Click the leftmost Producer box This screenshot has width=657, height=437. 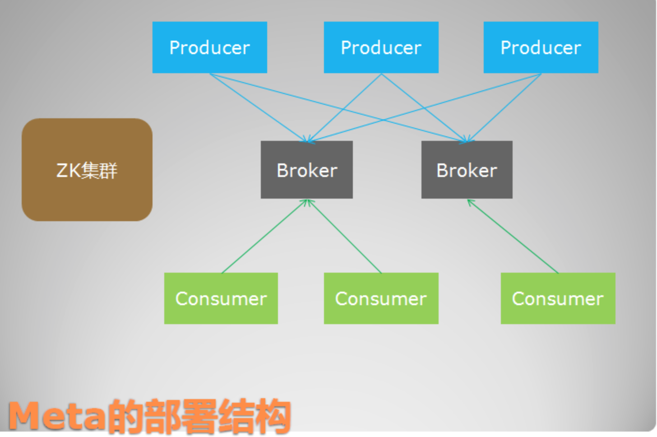(210, 47)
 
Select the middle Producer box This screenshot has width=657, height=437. (381, 47)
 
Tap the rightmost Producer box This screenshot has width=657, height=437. (541, 47)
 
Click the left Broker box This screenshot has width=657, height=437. (307, 170)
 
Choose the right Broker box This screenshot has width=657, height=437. (467, 170)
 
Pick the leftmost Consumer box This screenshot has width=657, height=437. (221, 298)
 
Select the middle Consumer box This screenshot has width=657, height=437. (381, 298)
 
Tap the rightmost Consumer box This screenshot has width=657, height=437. (558, 298)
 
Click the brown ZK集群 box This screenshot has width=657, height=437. (87, 170)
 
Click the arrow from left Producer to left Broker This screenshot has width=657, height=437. (258, 108)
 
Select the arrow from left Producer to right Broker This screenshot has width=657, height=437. (338, 108)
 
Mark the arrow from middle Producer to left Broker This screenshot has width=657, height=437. (344, 108)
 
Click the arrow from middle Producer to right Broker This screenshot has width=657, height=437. (424, 108)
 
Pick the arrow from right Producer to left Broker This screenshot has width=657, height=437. (424, 108)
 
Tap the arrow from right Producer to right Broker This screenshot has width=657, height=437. (504, 108)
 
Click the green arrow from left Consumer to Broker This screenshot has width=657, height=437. (264, 236)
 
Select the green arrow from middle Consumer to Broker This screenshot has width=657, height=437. (344, 236)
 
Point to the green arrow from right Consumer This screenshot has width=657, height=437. (513, 236)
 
